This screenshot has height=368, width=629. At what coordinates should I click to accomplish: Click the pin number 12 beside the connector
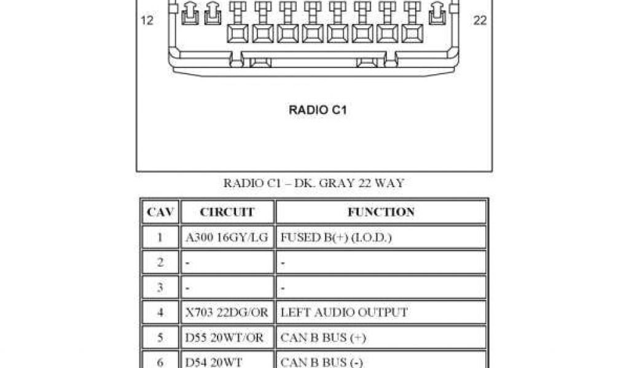(147, 20)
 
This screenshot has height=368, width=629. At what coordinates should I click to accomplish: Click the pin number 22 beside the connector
(480, 20)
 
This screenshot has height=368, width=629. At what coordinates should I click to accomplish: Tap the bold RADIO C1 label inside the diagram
(318, 111)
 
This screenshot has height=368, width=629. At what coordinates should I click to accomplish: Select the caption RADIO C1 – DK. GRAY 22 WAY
(313, 183)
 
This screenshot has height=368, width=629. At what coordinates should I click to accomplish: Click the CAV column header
(160, 212)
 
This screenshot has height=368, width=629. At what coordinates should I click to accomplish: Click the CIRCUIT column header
(227, 212)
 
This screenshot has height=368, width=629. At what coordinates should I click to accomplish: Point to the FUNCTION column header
(381, 212)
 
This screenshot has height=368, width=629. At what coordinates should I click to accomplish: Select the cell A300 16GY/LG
(227, 237)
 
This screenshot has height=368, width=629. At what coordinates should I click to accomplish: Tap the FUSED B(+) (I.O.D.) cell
(336, 237)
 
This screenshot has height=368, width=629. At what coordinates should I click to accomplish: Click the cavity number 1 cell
(160, 237)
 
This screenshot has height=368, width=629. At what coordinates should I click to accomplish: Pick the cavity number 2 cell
(160, 263)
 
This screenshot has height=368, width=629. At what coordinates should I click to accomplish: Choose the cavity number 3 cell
(160, 288)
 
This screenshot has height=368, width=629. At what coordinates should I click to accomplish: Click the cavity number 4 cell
(160, 313)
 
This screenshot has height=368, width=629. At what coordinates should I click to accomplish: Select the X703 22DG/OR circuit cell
(227, 313)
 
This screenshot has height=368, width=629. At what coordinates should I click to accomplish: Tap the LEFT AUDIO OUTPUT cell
(344, 313)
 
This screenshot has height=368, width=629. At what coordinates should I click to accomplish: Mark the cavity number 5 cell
(160, 338)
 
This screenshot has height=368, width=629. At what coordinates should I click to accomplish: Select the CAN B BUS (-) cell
(322, 362)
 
